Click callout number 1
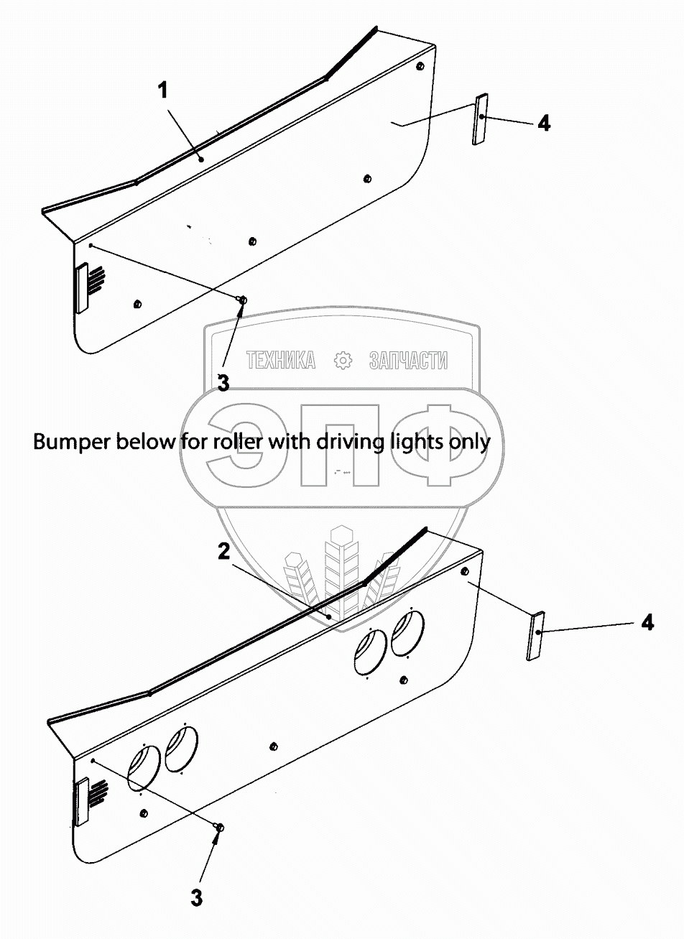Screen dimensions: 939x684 coord(163,91)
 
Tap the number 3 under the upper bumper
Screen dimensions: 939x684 coord(223,383)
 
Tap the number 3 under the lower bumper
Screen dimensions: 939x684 coord(196,897)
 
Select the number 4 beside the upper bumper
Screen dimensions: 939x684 coord(544,124)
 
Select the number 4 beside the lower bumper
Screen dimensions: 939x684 coord(647,624)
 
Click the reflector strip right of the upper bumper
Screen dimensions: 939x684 coord(480,119)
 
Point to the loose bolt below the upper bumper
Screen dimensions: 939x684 coord(243,300)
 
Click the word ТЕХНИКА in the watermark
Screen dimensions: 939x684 coord(281,360)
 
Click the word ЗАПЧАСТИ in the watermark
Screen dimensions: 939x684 coord(407,360)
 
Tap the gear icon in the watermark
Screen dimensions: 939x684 coord(343,361)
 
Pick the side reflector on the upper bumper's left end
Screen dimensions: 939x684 coord(81,288)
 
